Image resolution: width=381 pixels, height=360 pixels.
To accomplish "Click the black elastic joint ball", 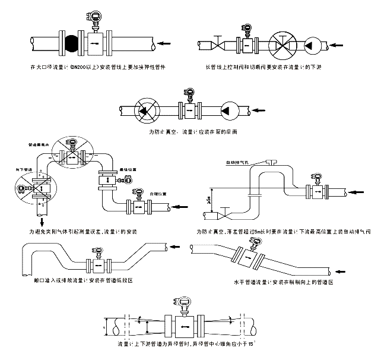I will pyautogui.click(x=71, y=43).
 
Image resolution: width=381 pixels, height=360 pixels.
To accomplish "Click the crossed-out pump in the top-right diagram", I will pyautogui.click(x=283, y=44).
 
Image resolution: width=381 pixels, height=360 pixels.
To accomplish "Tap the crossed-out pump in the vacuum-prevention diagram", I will pyautogui.click(x=144, y=110).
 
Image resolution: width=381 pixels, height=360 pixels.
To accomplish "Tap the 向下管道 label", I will pyautogui.click(x=24, y=169).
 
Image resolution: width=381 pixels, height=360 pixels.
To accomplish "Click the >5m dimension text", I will pyautogui.click(x=208, y=201).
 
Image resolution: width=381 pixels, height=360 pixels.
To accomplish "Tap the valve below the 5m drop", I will pyautogui.click(x=227, y=211).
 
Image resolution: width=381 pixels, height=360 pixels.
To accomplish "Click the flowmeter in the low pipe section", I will pyautogui.click(x=98, y=263).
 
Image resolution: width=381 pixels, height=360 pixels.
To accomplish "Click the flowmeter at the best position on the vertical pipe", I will pyautogui.click(x=107, y=179).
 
